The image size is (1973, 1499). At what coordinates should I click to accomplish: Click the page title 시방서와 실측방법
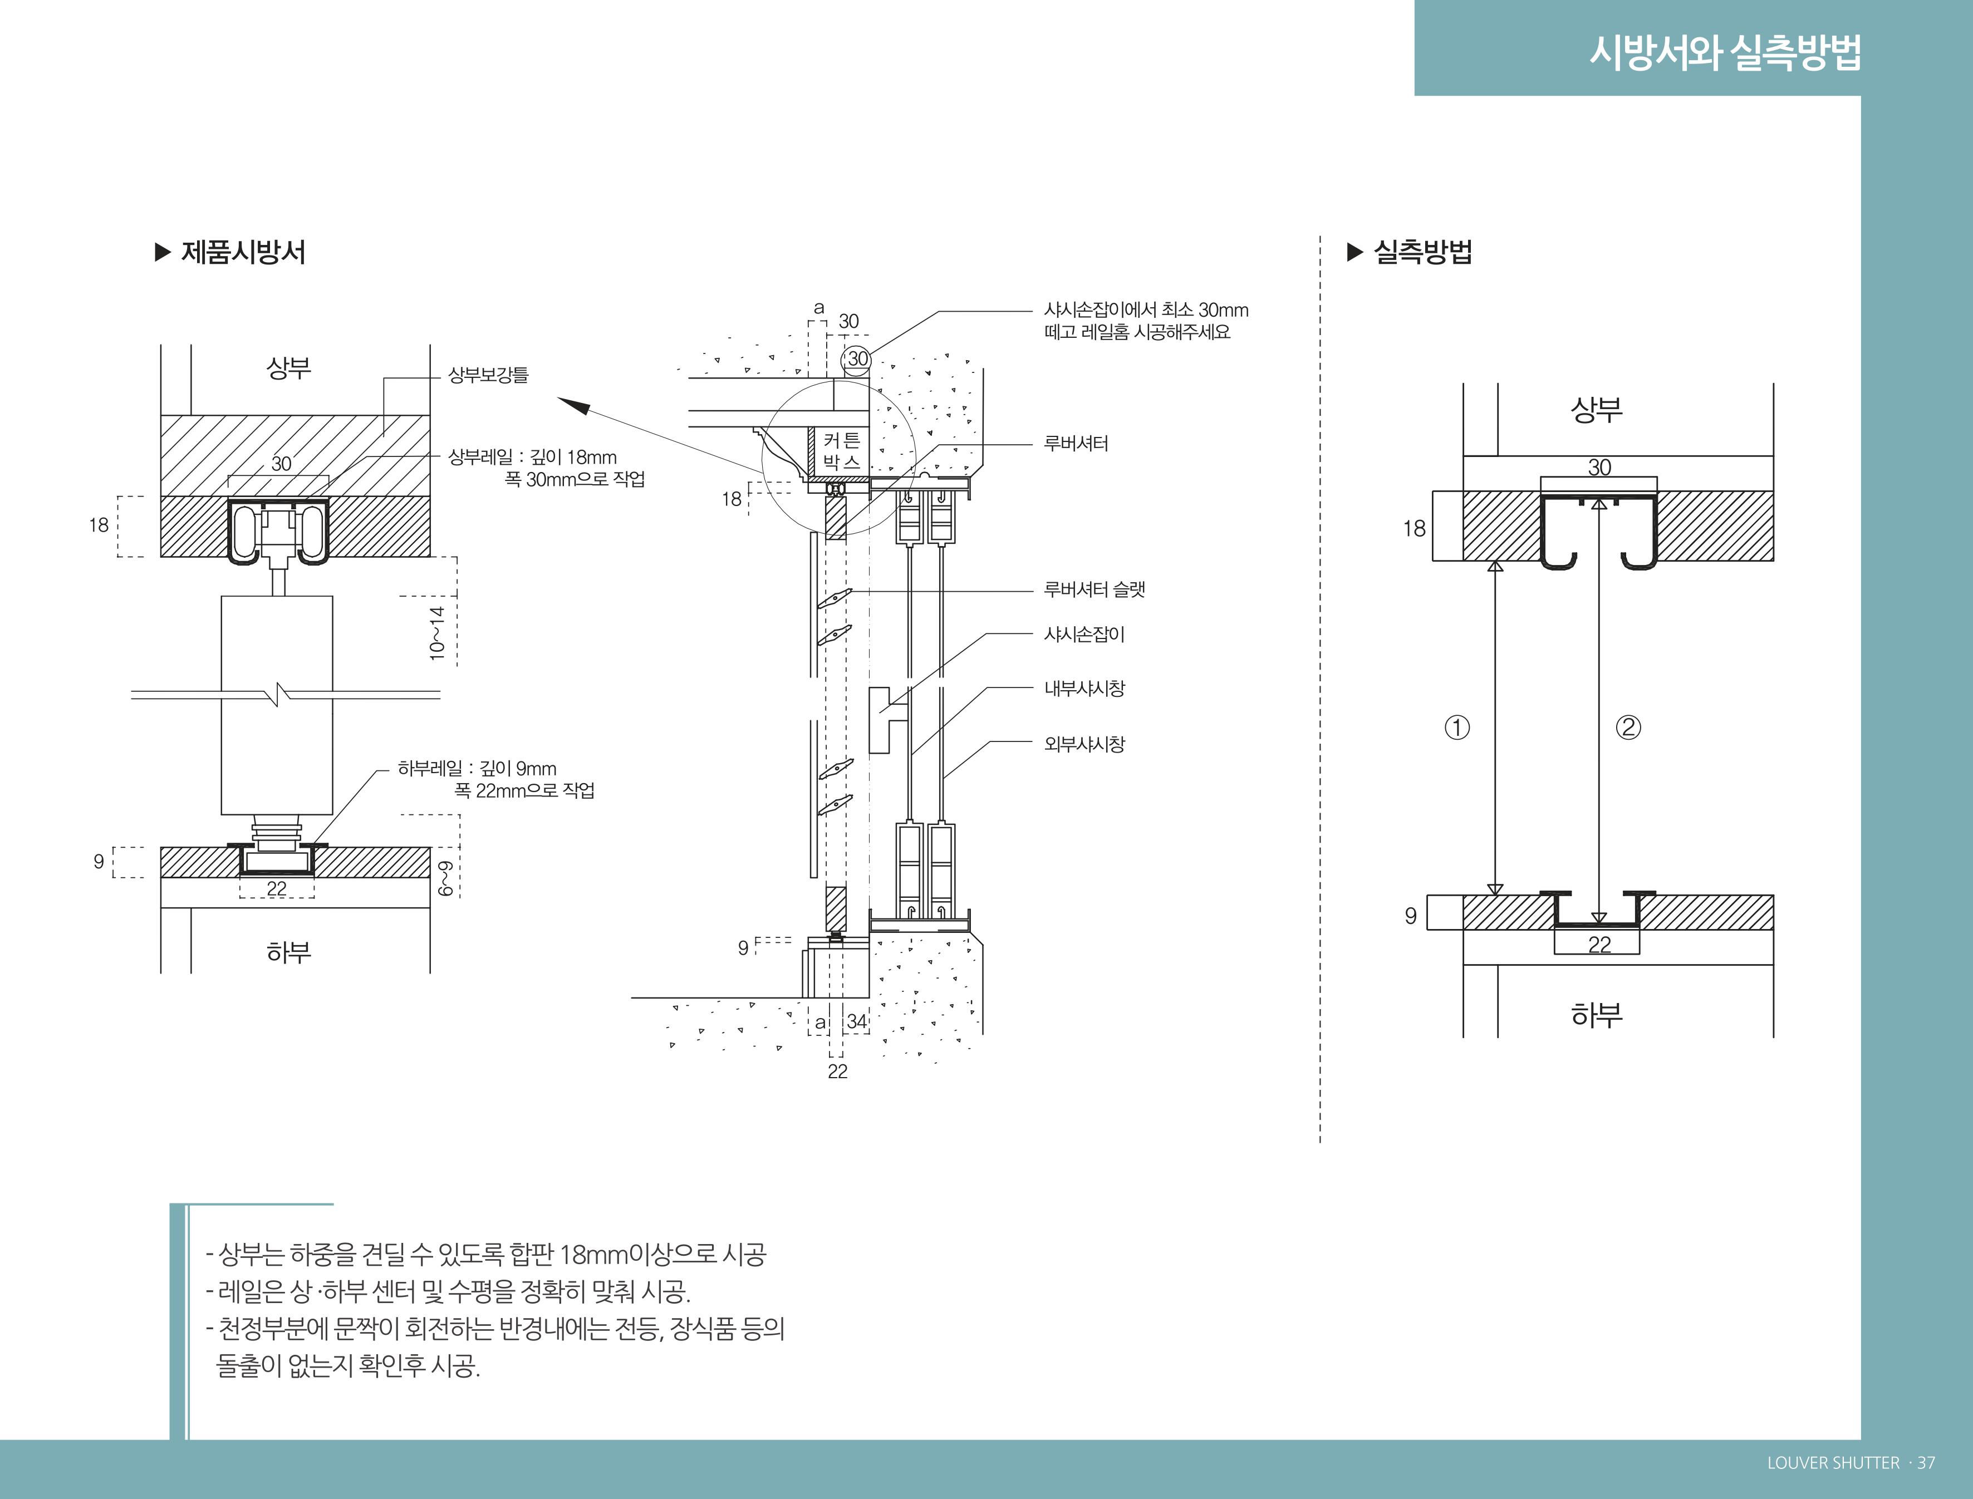pyautogui.click(x=1725, y=52)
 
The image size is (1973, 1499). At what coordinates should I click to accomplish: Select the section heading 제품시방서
pyautogui.click(x=243, y=253)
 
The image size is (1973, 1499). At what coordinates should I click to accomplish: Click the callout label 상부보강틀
pyautogui.click(x=488, y=375)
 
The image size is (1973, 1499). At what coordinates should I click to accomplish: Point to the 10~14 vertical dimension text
pyautogui.click(x=436, y=633)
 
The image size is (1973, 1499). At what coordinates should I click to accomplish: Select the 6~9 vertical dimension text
pyautogui.click(x=445, y=878)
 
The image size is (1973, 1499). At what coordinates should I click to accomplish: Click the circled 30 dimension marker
pyautogui.click(x=857, y=358)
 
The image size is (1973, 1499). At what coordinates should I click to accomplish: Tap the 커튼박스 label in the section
pyautogui.click(x=842, y=451)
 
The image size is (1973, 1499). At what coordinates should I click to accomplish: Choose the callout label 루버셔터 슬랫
pyautogui.click(x=1094, y=590)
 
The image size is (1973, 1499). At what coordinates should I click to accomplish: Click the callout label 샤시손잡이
pyautogui.click(x=1084, y=635)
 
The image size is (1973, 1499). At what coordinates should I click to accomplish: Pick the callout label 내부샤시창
pyautogui.click(x=1084, y=689)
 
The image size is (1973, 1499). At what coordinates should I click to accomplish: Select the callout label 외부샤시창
pyautogui.click(x=1084, y=744)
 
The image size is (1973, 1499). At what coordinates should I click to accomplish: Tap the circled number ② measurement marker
pyautogui.click(x=1628, y=727)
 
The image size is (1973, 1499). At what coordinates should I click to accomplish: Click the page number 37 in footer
pyautogui.click(x=1926, y=1462)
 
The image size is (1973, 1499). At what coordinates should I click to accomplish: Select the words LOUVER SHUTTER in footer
pyautogui.click(x=1833, y=1462)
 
